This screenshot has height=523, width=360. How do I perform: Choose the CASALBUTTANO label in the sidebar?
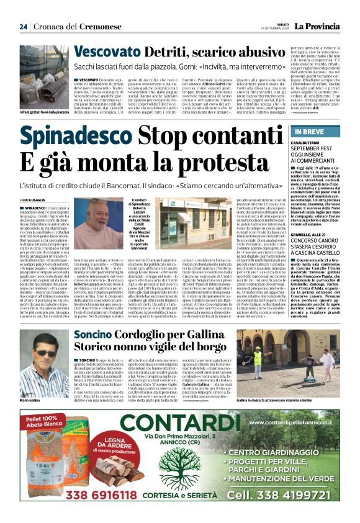309,142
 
